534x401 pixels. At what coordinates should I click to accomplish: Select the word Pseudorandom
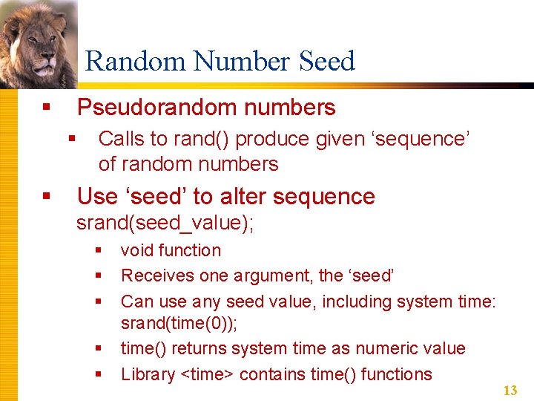pyautogui.click(x=156, y=108)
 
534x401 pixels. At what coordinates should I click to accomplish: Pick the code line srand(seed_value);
pyautogui.click(x=165, y=224)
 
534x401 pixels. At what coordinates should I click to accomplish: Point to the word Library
pyautogui.click(x=148, y=374)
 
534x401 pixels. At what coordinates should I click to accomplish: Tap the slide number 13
pyautogui.click(x=510, y=391)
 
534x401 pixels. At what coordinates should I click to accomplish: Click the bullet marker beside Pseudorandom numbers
pyautogui.click(x=46, y=108)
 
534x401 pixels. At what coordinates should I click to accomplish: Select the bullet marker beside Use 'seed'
pyautogui.click(x=46, y=197)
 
